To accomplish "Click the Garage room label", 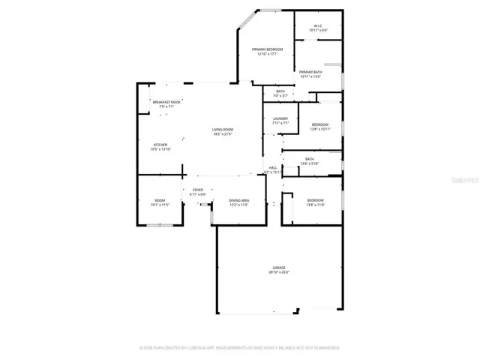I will pos(280,267).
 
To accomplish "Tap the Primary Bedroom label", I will pos(267,49).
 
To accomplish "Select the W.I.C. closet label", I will pos(318,25).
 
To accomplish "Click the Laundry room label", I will pos(280,118).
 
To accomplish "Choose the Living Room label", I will pos(222,130).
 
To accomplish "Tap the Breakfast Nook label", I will pos(166,102).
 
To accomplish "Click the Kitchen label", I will pos(160,145).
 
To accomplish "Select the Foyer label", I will pos(198,190).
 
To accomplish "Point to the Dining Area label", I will pos(238,200).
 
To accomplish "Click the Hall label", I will pos(273,167).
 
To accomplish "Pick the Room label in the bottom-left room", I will pos(160,200).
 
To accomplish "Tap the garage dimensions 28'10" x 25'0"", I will pos(280,272).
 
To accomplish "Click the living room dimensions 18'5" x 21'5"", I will pos(222,135).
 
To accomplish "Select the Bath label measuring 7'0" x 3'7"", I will pos(280,91).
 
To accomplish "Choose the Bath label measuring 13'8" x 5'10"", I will pos(309,159).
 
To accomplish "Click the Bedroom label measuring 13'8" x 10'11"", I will pos(319,124).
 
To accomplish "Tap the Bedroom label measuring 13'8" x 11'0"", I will pos(315,200).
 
